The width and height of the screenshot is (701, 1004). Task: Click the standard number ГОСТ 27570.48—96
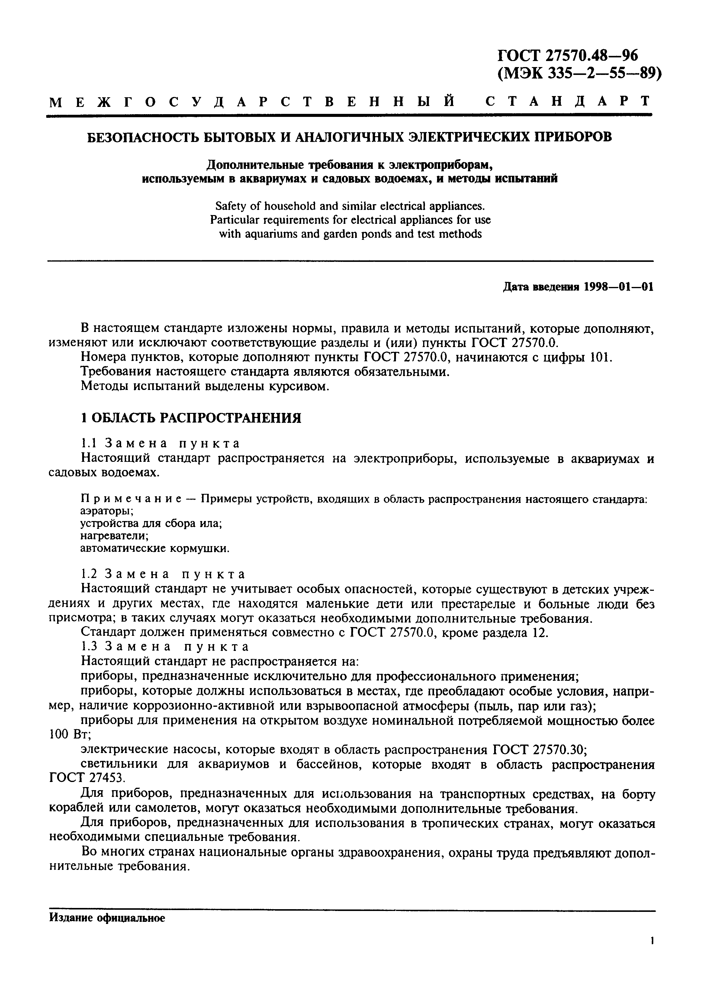(568, 56)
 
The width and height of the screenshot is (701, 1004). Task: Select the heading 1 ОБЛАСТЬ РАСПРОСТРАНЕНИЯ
(191, 418)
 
